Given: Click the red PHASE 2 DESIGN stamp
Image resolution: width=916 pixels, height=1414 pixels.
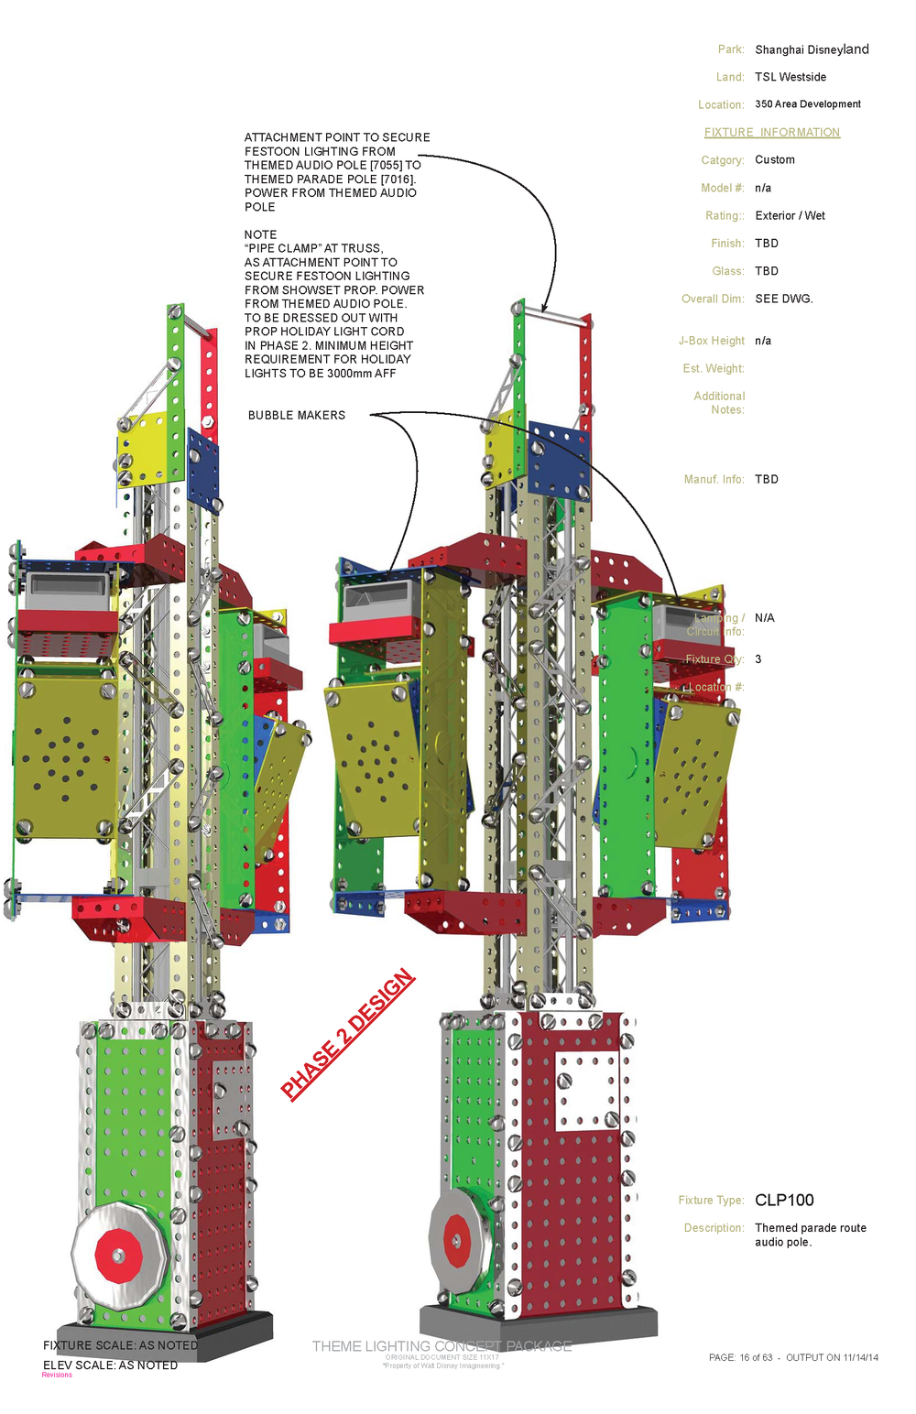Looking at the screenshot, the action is click(348, 1034).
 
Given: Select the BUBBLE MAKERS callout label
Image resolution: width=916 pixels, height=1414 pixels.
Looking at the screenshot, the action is click(297, 416).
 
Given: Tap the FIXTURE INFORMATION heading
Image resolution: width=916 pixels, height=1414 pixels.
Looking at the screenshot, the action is click(771, 133).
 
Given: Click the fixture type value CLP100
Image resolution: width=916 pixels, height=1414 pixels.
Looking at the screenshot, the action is click(784, 1200).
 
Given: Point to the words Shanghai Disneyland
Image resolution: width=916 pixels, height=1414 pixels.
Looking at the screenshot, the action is click(812, 49).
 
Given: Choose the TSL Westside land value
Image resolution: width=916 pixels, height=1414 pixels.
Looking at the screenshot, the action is click(791, 77).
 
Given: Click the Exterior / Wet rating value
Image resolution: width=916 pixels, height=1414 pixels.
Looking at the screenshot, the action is click(790, 216).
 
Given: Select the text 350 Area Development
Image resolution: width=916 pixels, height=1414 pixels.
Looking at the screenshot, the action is click(808, 104).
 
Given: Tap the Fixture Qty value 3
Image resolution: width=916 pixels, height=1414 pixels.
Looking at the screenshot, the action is click(758, 659).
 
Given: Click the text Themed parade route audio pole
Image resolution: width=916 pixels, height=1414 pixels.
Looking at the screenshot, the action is click(810, 1235).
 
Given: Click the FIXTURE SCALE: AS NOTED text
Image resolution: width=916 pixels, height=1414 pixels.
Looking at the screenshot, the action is click(120, 1345).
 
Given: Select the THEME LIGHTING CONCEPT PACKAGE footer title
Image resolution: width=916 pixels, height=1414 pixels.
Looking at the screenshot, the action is click(442, 1346).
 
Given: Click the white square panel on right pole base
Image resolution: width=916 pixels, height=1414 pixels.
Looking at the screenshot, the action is click(586, 1091).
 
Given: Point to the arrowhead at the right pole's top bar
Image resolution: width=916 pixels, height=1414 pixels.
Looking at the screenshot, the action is click(544, 310).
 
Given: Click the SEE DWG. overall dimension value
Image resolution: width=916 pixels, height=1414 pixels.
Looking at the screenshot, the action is click(784, 299).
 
